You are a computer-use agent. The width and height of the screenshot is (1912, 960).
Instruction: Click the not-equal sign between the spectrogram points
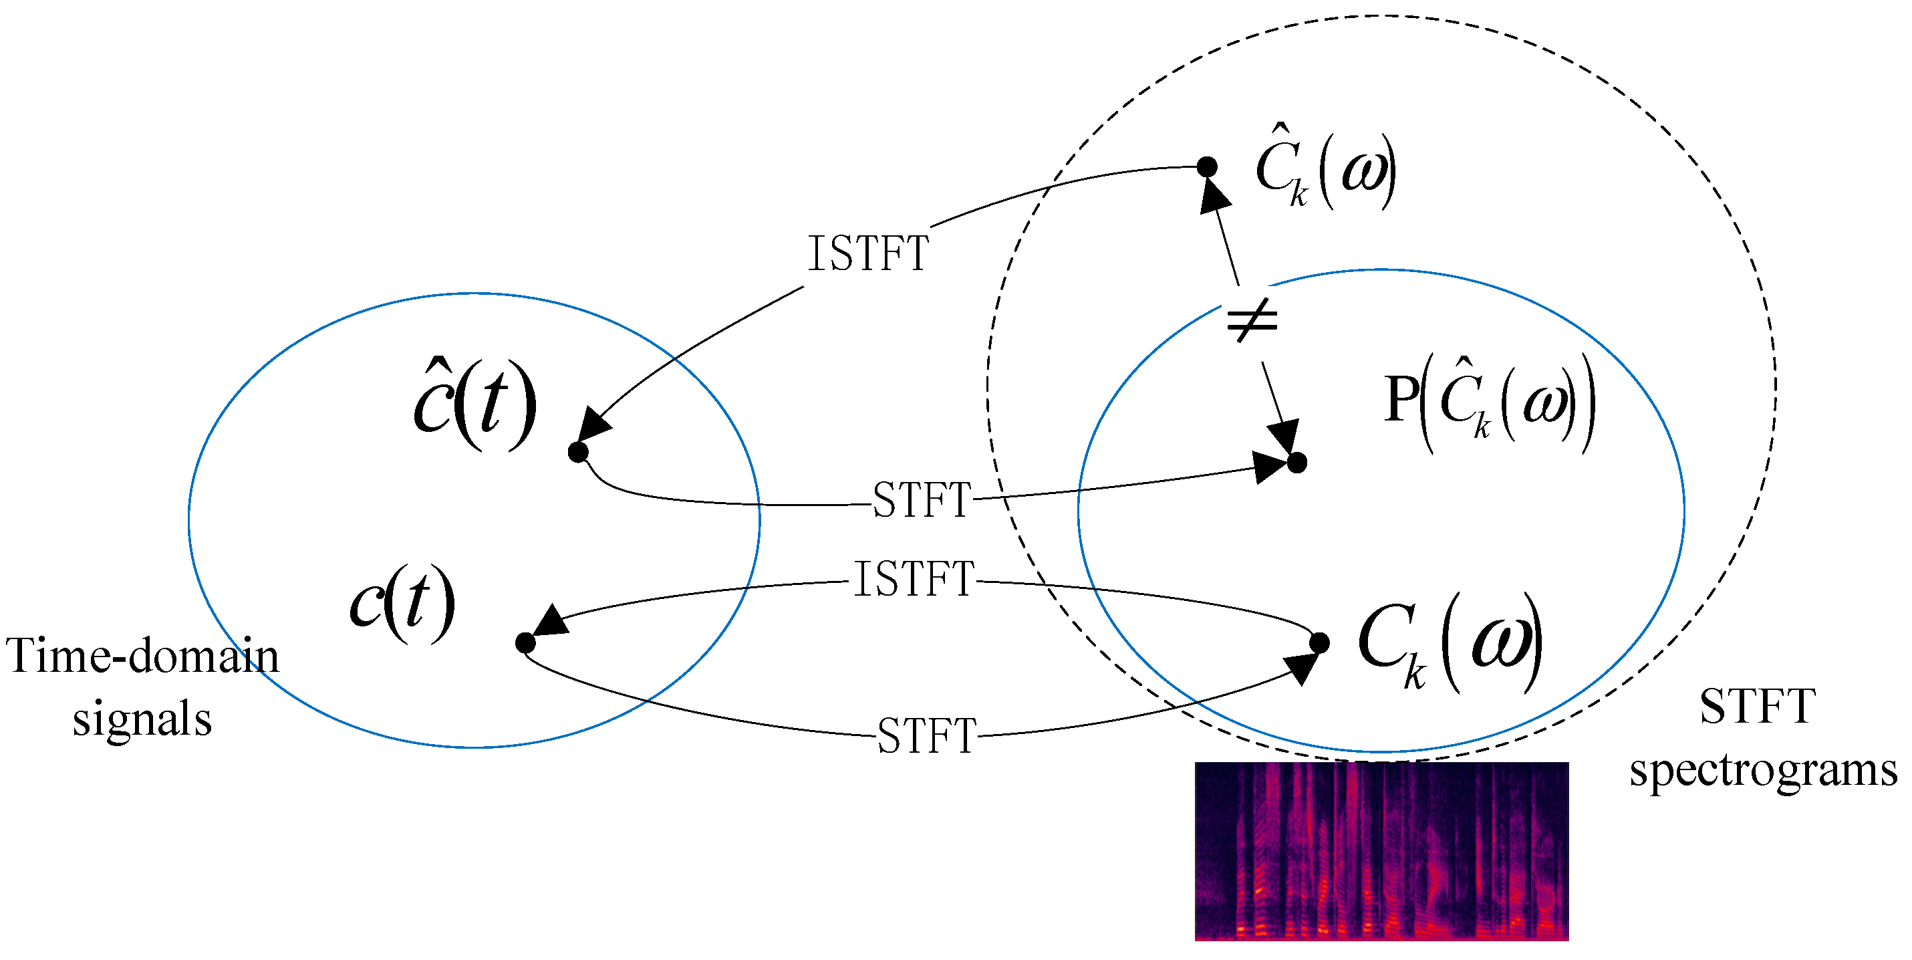(x=1252, y=322)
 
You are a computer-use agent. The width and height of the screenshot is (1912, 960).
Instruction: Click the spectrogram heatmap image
(x=1381, y=851)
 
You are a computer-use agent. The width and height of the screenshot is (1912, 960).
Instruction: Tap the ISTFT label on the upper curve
(x=867, y=254)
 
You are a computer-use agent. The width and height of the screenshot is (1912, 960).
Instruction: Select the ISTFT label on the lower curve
(x=914, y=579)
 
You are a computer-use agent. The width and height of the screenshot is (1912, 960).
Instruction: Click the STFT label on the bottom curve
(x=926, y=736)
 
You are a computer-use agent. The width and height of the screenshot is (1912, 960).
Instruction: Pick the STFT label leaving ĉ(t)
(x=921, y=499)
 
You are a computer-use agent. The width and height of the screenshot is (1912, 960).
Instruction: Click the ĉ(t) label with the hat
(x=474, y=405)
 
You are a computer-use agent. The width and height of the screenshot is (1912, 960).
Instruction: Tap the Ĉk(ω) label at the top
(x=1325, y=170)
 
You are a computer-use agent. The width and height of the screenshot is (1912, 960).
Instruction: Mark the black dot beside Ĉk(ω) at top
(x=1208, y=167)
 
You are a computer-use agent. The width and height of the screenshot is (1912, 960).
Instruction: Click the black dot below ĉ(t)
(x=577, y=451)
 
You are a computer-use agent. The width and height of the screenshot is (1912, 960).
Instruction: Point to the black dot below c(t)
(x=525, y=643)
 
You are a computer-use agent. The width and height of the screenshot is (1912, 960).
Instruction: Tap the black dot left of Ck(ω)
(x=1319, y=643)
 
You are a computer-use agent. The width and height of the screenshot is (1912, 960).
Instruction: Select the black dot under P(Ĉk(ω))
(x=1296, y=463)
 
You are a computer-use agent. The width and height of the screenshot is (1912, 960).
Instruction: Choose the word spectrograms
(x=1763, y=770)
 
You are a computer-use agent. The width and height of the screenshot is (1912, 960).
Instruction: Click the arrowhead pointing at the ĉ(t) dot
(x=594, y=425)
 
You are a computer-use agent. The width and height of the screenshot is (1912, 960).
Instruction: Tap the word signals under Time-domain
(x=142, y=719)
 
